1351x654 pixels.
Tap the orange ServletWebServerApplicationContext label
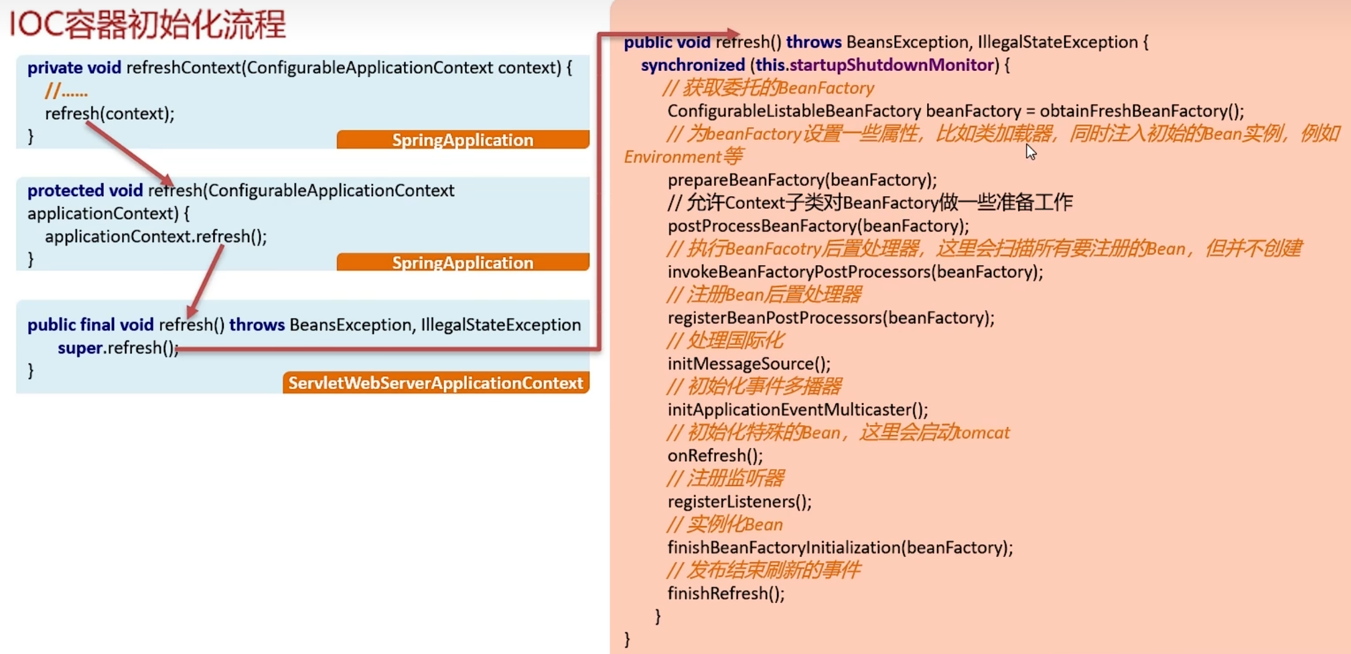pyautogui.click(x=435, y=383)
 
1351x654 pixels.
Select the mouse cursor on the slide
pyautogui.click(x=1030, y=152)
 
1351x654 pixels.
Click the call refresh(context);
pyautogui.click(x=109, y=114)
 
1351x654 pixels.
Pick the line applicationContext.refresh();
pyautogui.click(x=155, y=237)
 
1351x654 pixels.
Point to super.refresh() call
pyautogui.click(x=118, y=348)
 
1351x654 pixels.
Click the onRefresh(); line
pyautogui.click(x=715, y=456)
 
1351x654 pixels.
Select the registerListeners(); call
pyautogui.click(x=739, y=502)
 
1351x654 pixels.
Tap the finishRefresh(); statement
pyautogui.click(x=725, y=594)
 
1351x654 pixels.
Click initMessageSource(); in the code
pyautogui.click(x=748, y=364)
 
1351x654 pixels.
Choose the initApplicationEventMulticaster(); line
pyautogui.click(x=797, y=410)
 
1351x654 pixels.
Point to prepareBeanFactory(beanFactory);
pyautogui.click(x=802, y=180)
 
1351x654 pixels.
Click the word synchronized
pyautogui.click(x=693, y=66)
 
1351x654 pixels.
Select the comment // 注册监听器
pyautogui.click(x=725, y=479)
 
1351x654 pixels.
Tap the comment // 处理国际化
pyautogui.click(x=725, y=341)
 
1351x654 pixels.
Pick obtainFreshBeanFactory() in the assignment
pyautogui.click(x=1141, y=111)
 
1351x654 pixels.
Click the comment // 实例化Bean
pyautogui.click(x=725, y=525)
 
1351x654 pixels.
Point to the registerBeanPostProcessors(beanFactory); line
pyautogui.click(x=831, y=318)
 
